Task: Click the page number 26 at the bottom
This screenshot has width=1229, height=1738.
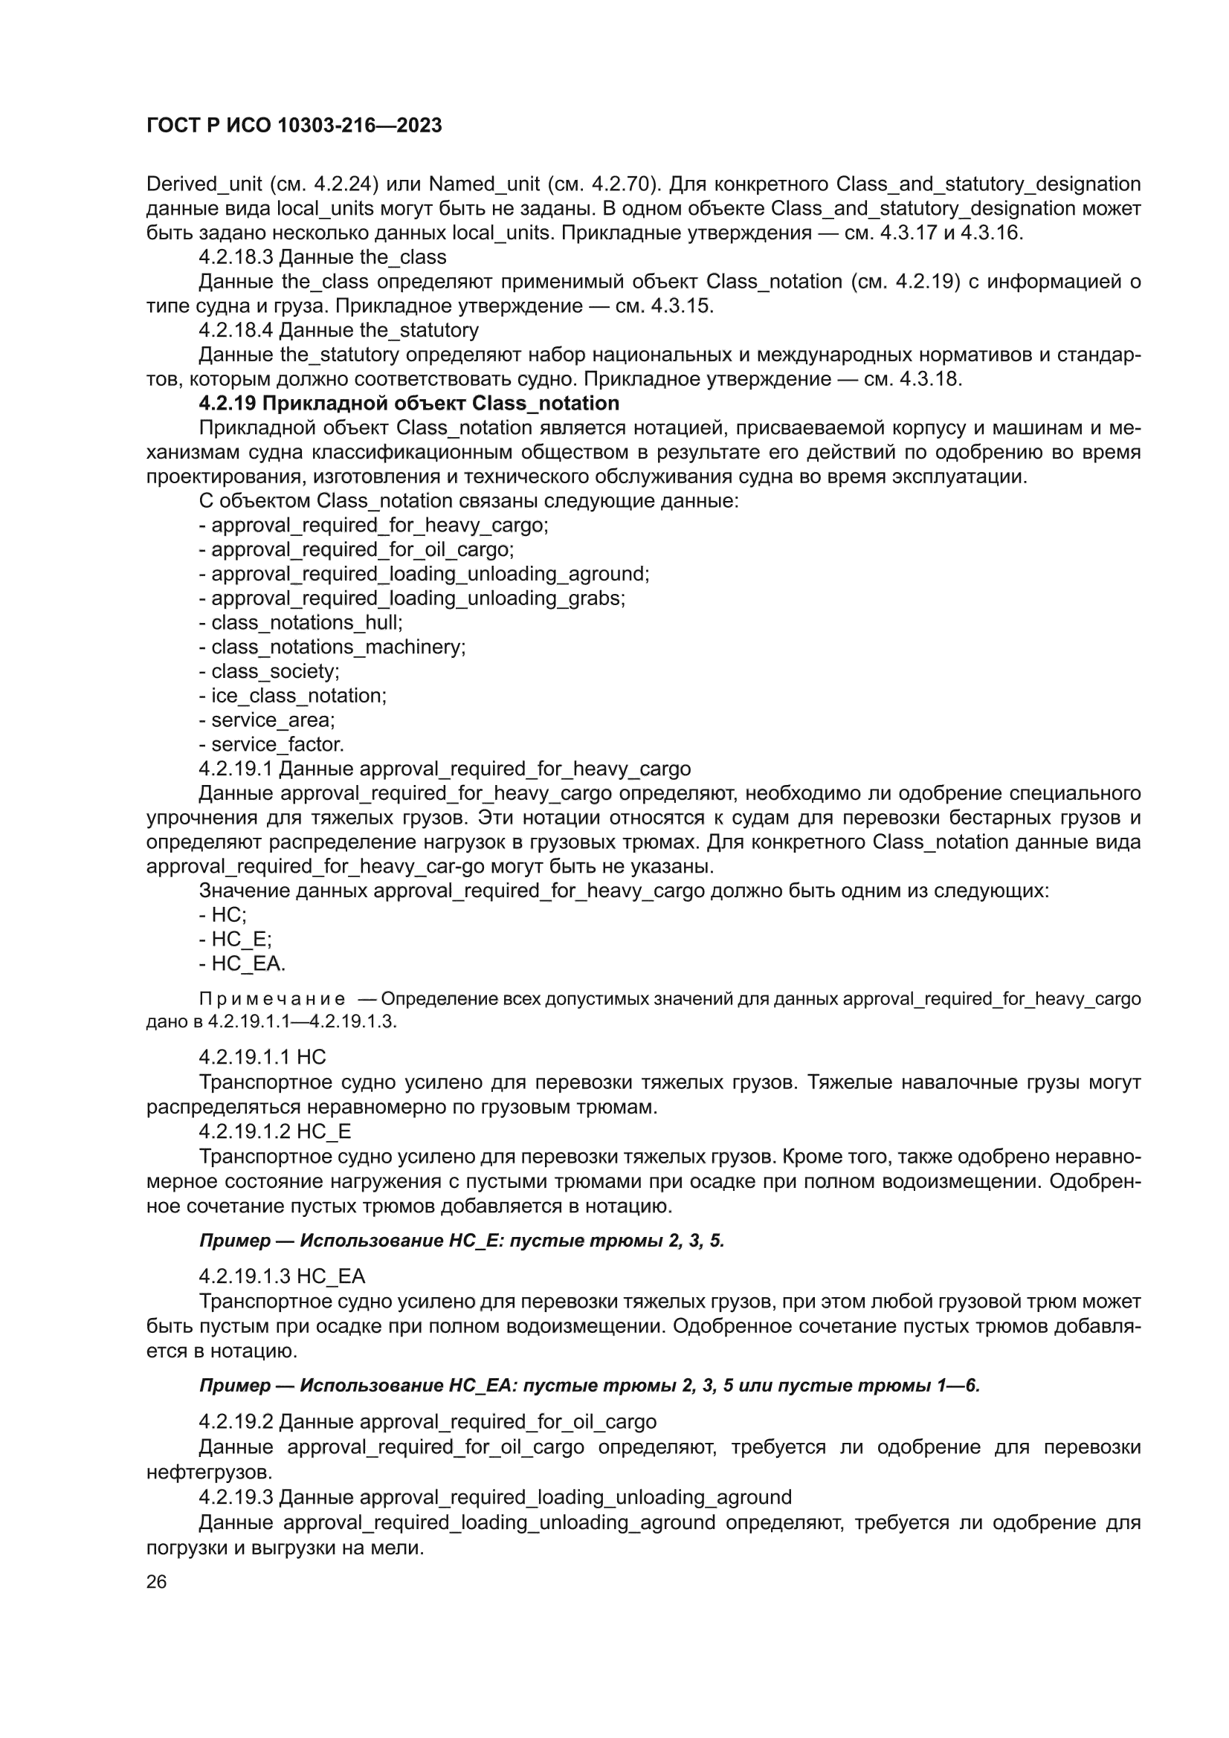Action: coord(156,1581)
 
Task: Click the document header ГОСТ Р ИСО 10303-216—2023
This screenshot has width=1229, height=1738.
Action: coord(294,126)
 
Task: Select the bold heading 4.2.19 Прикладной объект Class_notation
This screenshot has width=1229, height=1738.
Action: coord(409,404)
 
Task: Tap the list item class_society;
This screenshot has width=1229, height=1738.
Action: coord(270,671)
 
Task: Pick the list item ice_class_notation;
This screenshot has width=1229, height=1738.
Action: coord(293,696)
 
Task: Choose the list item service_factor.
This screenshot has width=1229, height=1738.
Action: coord(272,744)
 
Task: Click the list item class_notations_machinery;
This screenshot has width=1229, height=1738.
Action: coord(332,647)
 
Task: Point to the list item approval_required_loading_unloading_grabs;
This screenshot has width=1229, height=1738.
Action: coord(413,598)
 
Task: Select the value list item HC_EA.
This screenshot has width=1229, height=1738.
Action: coord(242,963)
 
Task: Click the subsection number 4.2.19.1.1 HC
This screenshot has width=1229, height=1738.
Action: coord(262,1057)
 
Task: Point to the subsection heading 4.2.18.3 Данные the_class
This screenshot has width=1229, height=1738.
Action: coord(323,257)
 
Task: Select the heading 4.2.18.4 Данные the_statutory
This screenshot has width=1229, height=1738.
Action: coord(338,330)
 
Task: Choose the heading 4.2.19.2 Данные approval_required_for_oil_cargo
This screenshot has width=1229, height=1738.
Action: coord(428,1422)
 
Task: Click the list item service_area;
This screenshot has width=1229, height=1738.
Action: coord(268,720)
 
